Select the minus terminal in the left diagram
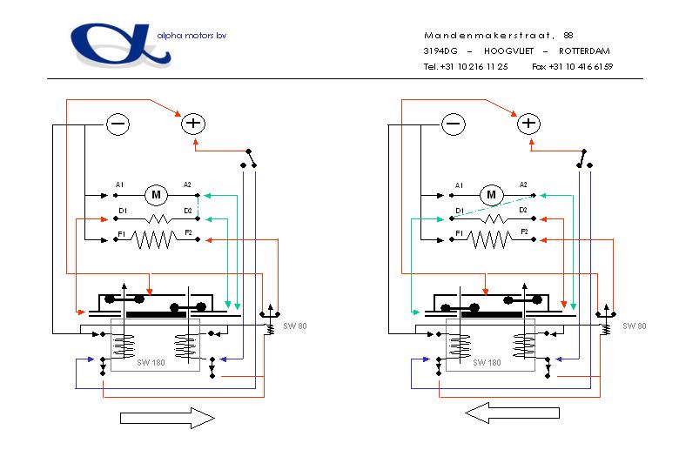[118, 124]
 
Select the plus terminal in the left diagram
[192, 124]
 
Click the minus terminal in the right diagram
[453, 124]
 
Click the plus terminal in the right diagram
[528, 124]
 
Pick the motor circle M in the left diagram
[157, 194]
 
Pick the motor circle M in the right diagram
[491, 194]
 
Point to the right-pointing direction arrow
[166, 419]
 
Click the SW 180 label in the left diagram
[151, 362]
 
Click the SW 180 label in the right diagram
[487, 362]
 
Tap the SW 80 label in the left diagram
[295, 326]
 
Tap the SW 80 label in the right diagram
[634, 326]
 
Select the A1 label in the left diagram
[119, 185]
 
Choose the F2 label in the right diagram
[524, 232]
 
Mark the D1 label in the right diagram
[458, 211]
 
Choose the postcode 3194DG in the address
[440, 50]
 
